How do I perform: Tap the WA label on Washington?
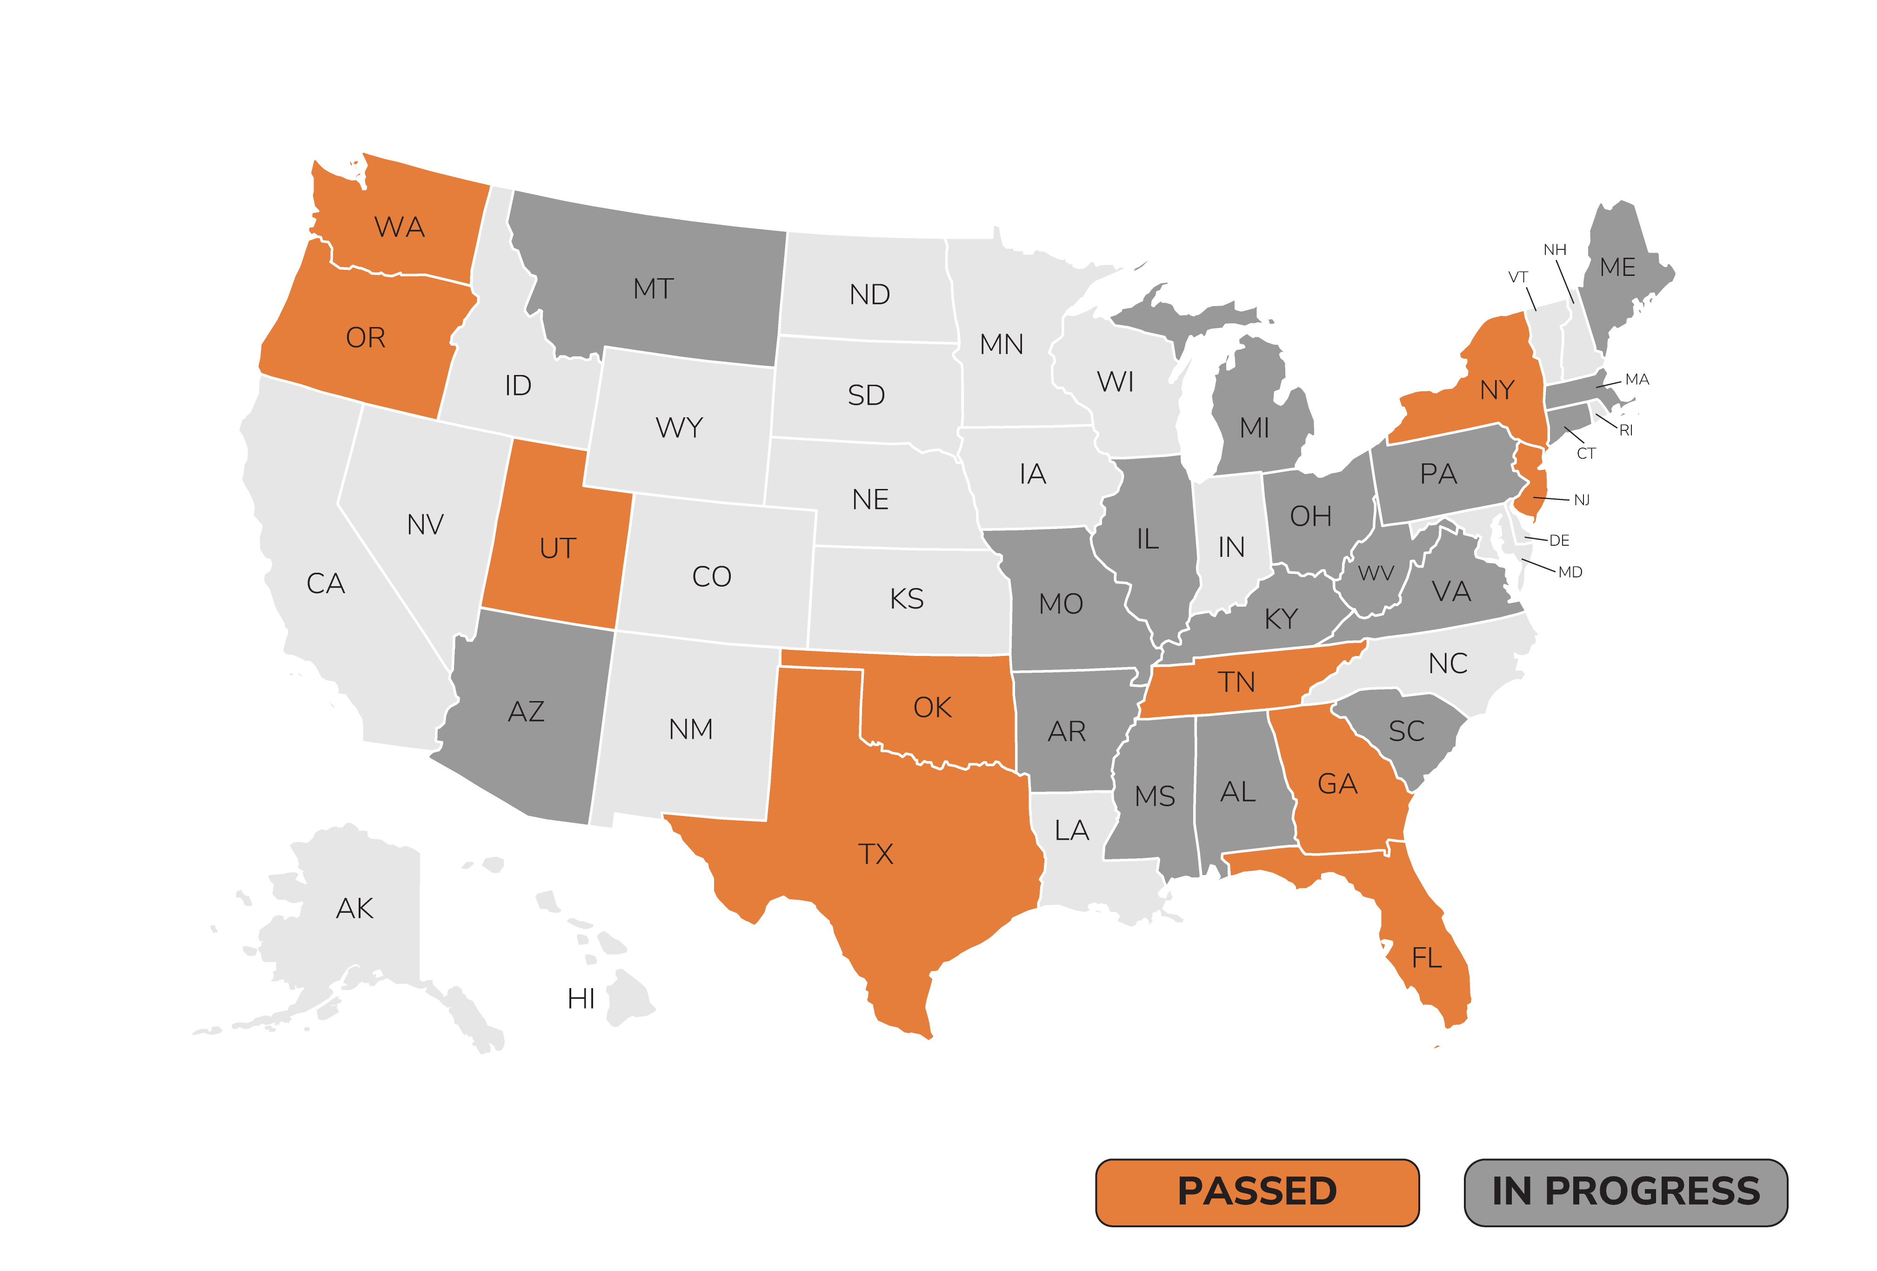coord(399,227)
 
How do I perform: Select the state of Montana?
coord(654,288)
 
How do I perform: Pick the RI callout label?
coord(1626,430)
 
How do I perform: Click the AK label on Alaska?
coord(354,909)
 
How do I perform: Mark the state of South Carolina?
coord(1406,732)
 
